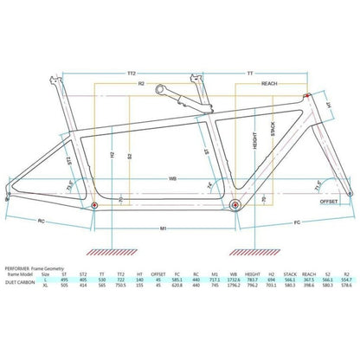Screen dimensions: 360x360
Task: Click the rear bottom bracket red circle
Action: (x=95, y=207)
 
